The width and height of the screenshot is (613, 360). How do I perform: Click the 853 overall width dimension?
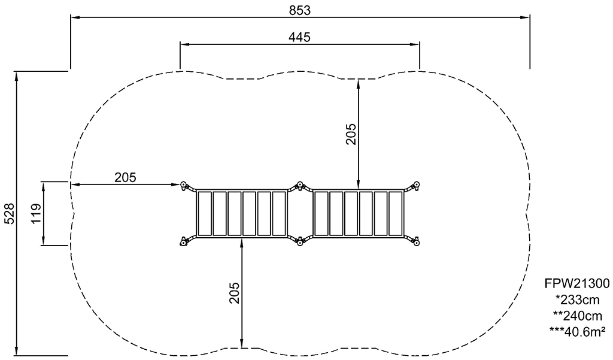coord(300,11)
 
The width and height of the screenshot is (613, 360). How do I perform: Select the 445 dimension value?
coord(299,37)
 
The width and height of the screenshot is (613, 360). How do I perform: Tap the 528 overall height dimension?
coord(10,214)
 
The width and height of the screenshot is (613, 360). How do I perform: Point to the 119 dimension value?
coord(37,213)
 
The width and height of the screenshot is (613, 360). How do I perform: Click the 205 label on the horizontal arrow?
coord(126,178)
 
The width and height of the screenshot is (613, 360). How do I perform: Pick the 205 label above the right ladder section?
coord(351,134)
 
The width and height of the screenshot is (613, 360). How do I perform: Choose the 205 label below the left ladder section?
coord(234,293)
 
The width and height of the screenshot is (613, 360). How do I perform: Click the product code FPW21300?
coord(577,283)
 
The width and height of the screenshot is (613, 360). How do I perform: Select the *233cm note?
coord(578,300)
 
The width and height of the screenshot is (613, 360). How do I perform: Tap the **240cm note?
coord(578,316)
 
